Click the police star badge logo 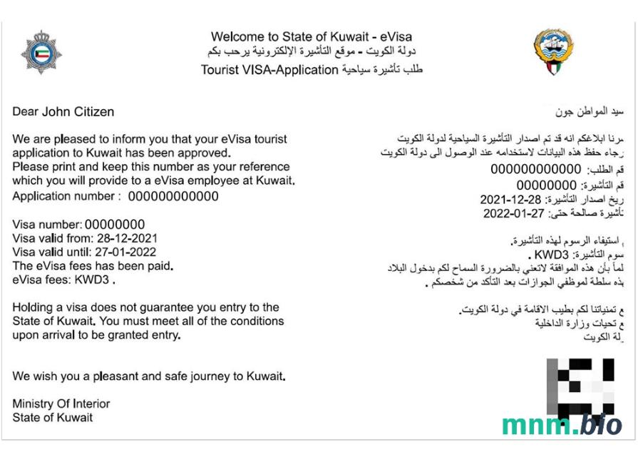pyautogui.click(x=41, y=53)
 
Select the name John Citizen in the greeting pyautogui.click(x=78, y=112)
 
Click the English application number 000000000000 pyautogui.click(x=173, y=197)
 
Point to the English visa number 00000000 pyautogui.click(x=115, y=225)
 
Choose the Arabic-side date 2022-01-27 pyautogui.click(x=514, y=213)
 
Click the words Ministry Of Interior pyautogui.click(x=61, y=404)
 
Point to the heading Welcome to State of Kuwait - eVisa pyautogui.click(x=312, y=37)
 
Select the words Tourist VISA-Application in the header pyautogui.click(x=269, y=70)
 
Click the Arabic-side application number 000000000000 pyautogui.click(x=536, y=170)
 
